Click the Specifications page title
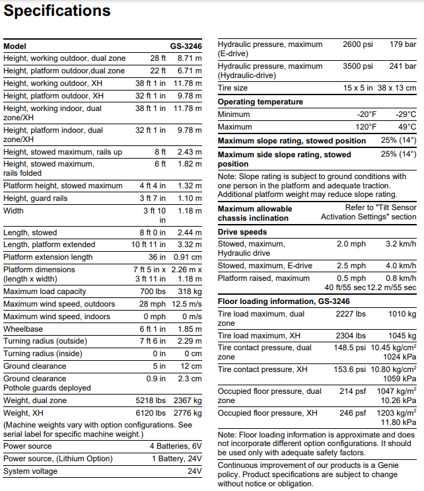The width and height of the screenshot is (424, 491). (57, 11)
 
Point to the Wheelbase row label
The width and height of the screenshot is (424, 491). (23, 328)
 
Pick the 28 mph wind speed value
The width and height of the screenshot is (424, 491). (153, 304)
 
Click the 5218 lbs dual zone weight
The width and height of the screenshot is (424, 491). (149, 400)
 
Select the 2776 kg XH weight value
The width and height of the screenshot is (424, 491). (188, 412)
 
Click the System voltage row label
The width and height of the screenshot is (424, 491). (30, 471)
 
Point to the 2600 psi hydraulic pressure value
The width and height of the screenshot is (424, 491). (357, 44)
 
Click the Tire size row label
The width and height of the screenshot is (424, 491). (232, 88)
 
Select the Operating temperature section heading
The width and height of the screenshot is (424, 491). (260, 102)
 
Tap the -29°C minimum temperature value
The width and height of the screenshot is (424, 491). (406, 114)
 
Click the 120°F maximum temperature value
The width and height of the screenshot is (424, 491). (364, 127)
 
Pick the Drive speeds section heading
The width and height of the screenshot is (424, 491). (242, 232)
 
